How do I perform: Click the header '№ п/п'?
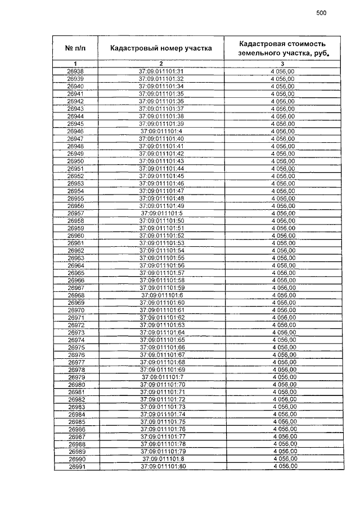[x=75, y=48]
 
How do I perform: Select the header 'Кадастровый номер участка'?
[x=161, y=48]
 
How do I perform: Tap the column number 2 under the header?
[x=161, y=64]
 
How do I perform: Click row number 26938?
[x=75, y=71]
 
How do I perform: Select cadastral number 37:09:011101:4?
[x=161, y=131]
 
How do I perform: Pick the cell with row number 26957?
[x=75, y=214]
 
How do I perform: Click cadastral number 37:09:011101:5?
[x=161, y=214]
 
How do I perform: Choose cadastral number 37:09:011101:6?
[x=161, y=295]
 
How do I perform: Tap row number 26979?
[x=75, y=377]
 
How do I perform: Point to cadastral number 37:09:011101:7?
[x=161, y=377]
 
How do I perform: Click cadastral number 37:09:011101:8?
[x=161, y=459]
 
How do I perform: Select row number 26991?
[x=75, y=466]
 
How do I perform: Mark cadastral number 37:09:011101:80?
[x=161, y=466]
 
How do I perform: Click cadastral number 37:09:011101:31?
[x=161, y=71]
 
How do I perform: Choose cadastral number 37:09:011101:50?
[x=161, y=221]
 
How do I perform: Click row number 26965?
[x=75, y=273]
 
